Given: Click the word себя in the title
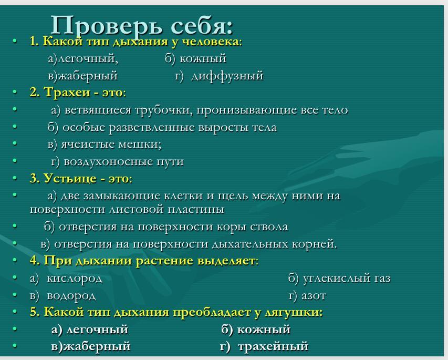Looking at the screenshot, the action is [x=202, y=25].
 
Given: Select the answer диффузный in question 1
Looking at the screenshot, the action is [x=227, y=76].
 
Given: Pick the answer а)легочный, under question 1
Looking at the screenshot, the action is [x=83, y=59].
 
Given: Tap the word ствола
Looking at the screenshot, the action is [x=269, y=227].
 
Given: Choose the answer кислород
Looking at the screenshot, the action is [x=74, y=279].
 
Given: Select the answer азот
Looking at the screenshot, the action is [x=314, y=296].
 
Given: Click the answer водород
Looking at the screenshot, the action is [x=71, y=296].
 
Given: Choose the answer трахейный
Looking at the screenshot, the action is [x=273, y=346].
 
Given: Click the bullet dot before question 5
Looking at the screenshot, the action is [x=15, y=312].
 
